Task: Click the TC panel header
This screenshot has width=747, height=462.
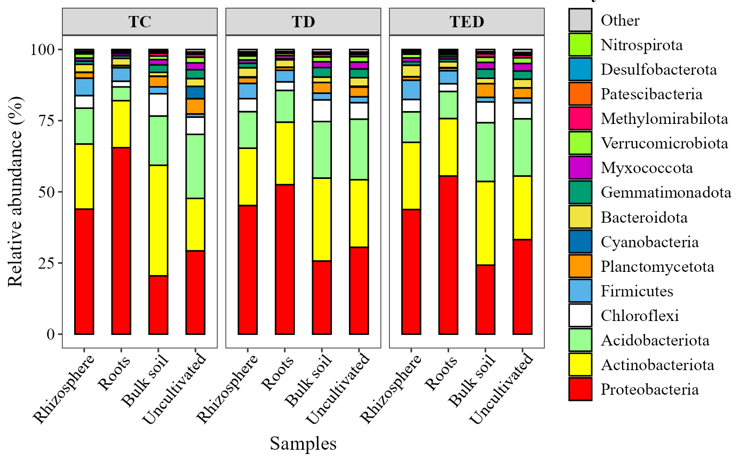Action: (x=139, y=22)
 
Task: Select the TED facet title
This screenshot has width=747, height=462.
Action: (x=466, y=22)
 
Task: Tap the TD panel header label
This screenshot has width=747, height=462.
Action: (x=303, y=22)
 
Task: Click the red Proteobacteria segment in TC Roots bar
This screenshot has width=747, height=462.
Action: (x=121, y=240)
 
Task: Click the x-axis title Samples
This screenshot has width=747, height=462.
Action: (x=303, y=443)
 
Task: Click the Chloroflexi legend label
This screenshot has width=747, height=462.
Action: (x=639, y=316)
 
